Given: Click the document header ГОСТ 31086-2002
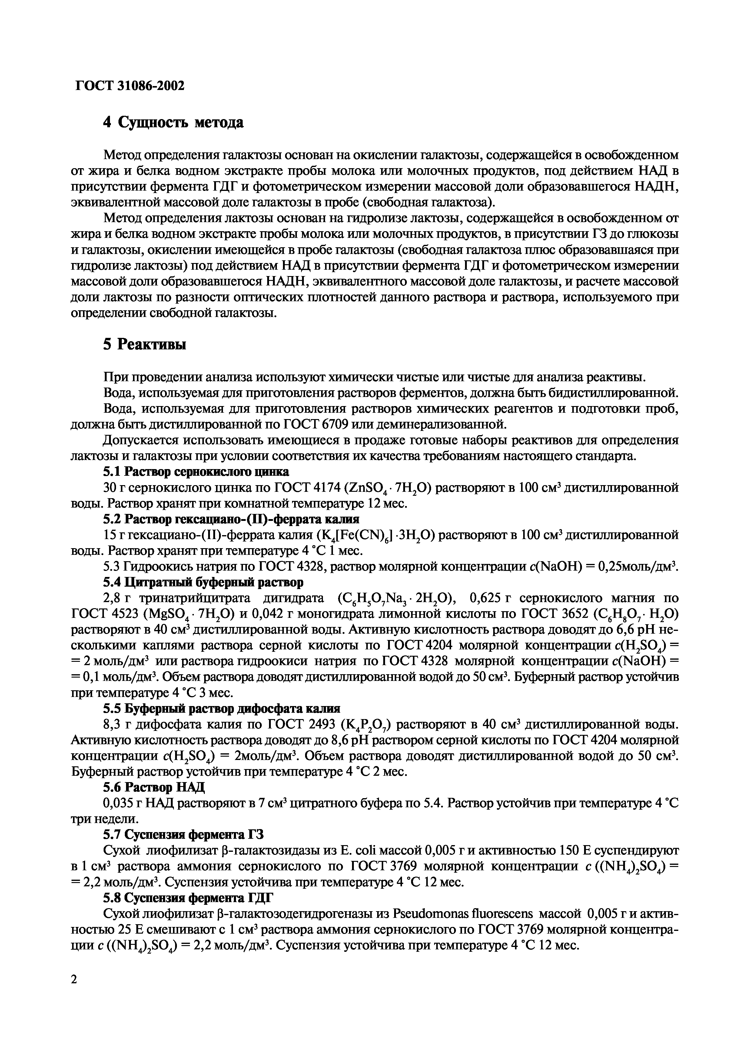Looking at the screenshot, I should [130, 86].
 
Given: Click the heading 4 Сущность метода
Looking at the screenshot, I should [173, 123].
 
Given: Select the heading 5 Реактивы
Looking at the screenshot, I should [145, 345].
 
